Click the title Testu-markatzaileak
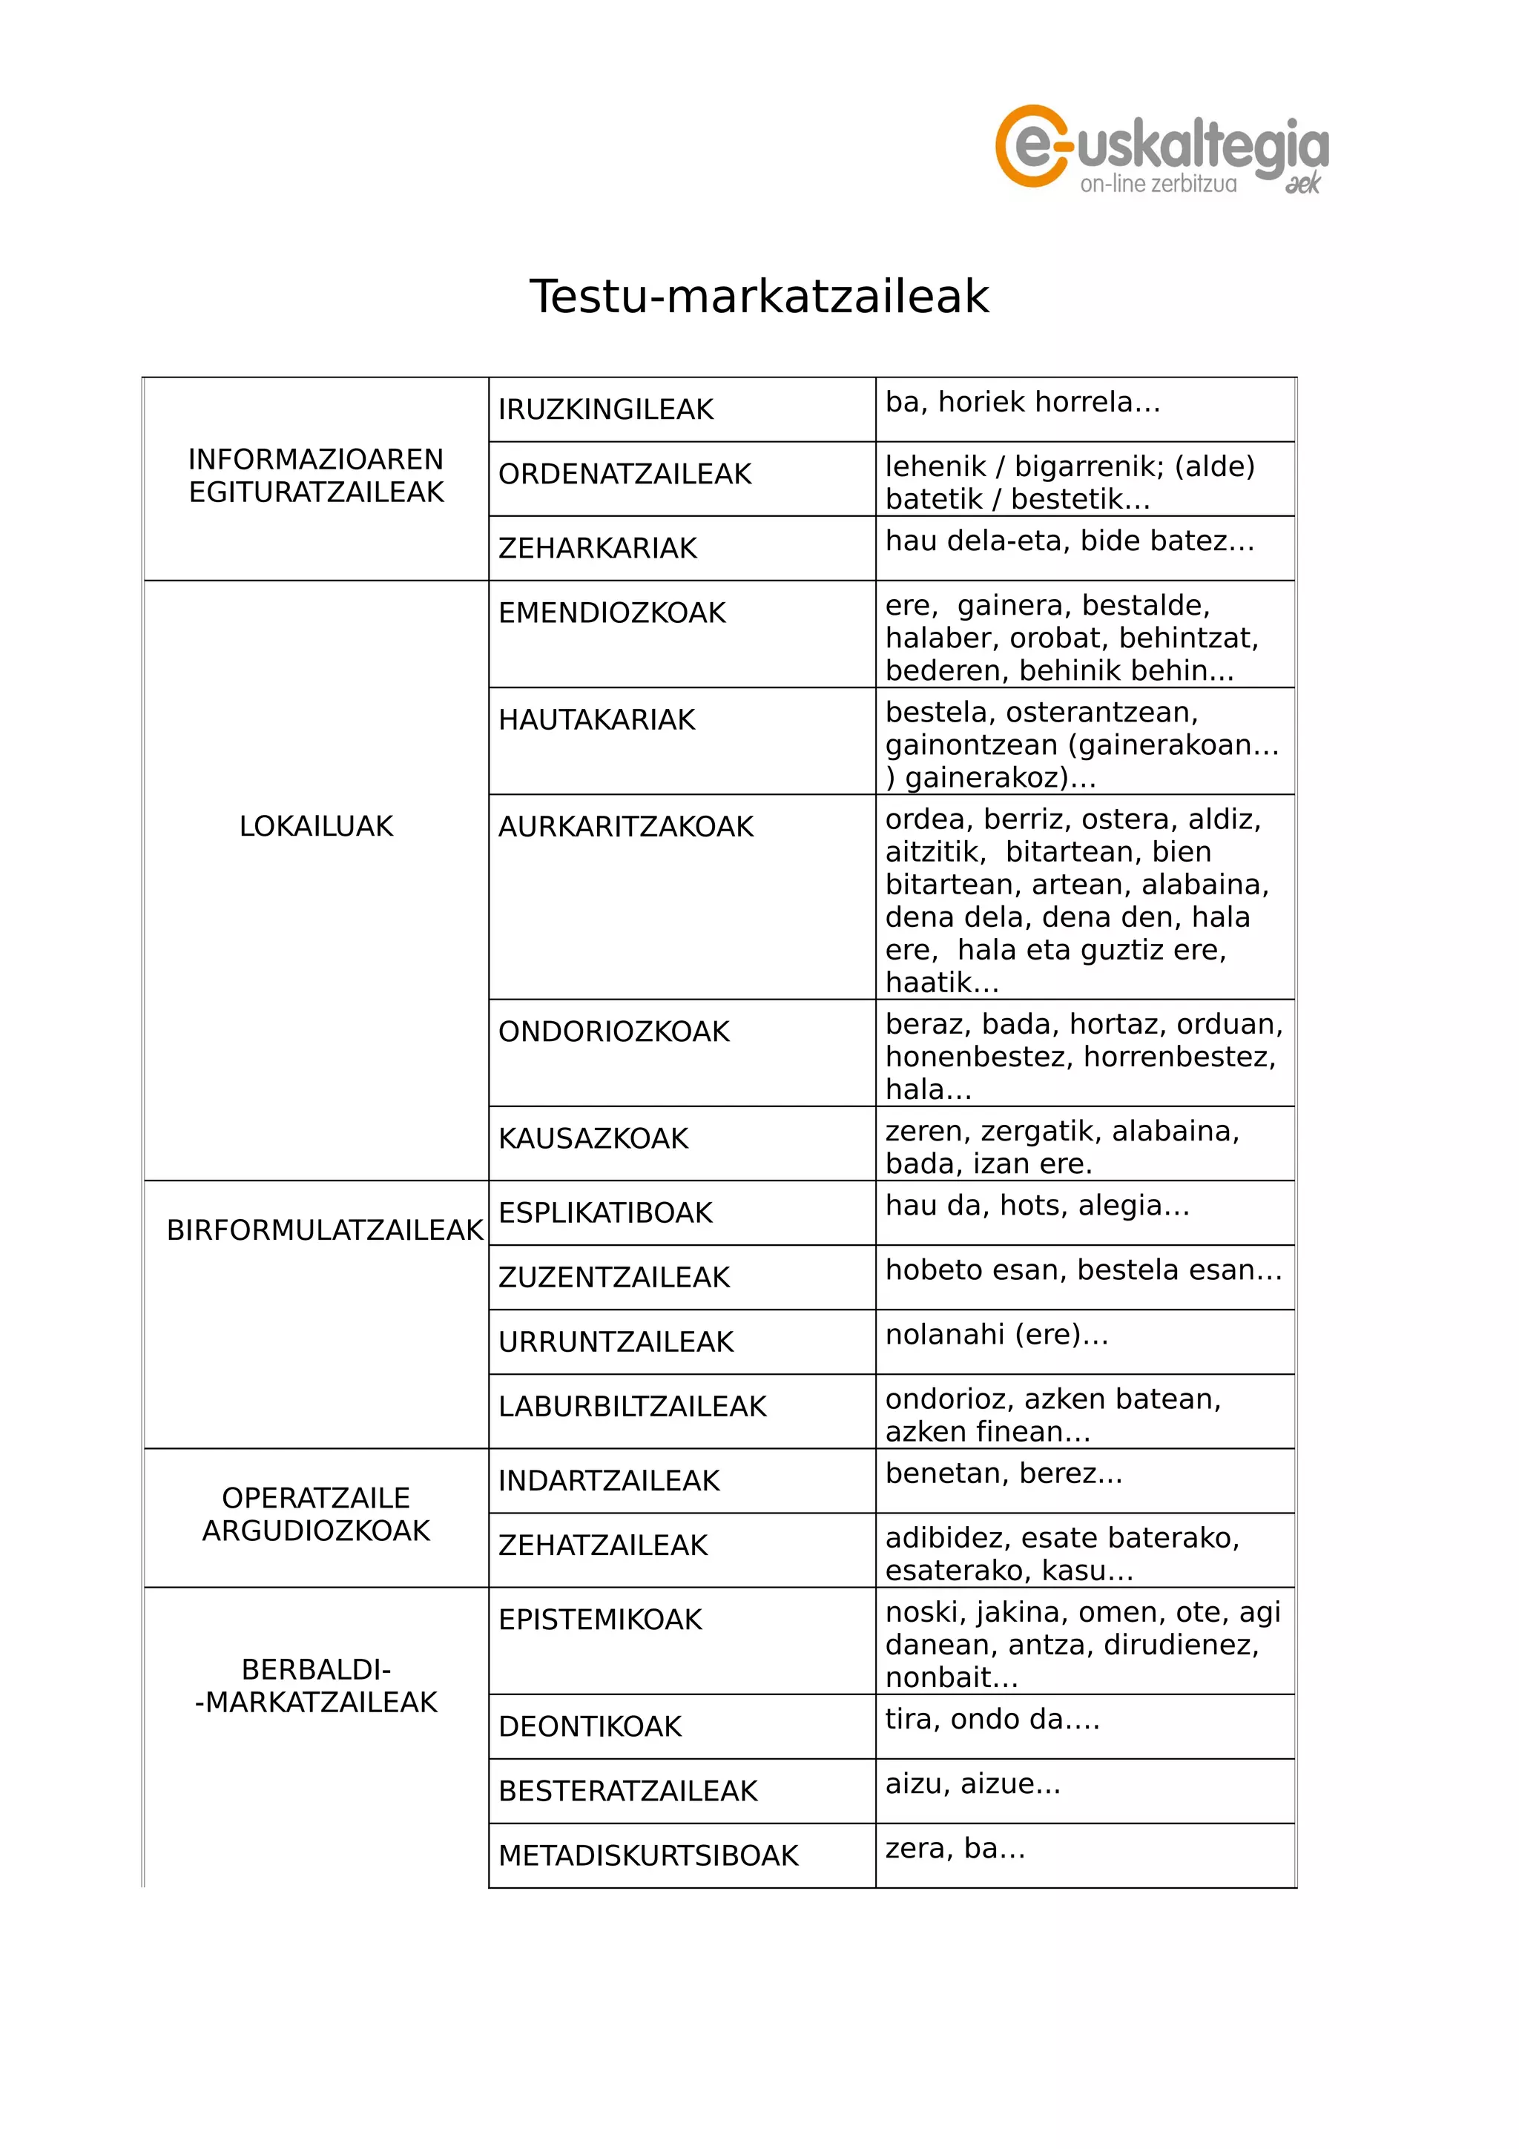point(758,297)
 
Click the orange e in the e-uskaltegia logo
point(1030,146)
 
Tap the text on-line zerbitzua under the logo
point(1158,185)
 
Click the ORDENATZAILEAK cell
point(625,475)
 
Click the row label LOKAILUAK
point(317,827)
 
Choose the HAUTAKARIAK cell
point(596,720)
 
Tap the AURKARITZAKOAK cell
point(625,828)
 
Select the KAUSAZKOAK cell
point(593,1139)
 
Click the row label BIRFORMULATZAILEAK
point(324,1231)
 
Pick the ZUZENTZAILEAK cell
point(613,1278)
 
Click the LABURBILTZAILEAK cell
point(632,1407)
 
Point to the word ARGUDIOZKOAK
point(317,1531)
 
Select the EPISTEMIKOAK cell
point(600,1620)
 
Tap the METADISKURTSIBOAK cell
point(648,1856)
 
